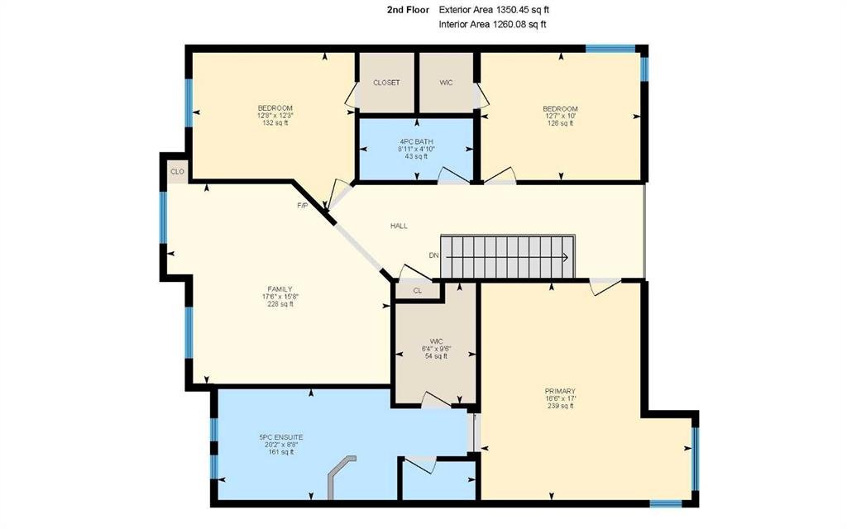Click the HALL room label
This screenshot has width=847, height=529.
(399, 226)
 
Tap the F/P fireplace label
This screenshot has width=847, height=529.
(303, 206)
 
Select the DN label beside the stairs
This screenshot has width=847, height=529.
(433, 255)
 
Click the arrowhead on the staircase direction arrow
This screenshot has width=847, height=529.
(565, 258)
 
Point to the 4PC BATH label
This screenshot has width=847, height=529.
(417, 142)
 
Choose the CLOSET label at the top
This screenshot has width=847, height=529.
(386, 83)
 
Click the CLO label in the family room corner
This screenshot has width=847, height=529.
(177, 172)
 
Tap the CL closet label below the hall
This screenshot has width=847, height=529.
(418, 291)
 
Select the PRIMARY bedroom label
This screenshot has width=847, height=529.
(560, 391)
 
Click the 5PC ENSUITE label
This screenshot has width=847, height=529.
(281, 437)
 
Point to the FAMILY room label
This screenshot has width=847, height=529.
(280, 289)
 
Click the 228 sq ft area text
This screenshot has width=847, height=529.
(280, 304)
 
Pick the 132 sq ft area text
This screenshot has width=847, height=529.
(275, 123)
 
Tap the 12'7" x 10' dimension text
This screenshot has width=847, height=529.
(560, 116)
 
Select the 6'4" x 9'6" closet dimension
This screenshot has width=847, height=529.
(437, 349)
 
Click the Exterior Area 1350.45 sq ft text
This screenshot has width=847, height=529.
(495, 10)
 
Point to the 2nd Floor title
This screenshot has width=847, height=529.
(408, 10)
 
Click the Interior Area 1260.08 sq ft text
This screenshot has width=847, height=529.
(492, 24)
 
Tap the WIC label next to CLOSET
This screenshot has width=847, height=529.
(446, 83)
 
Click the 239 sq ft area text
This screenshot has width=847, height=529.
(560, 406)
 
